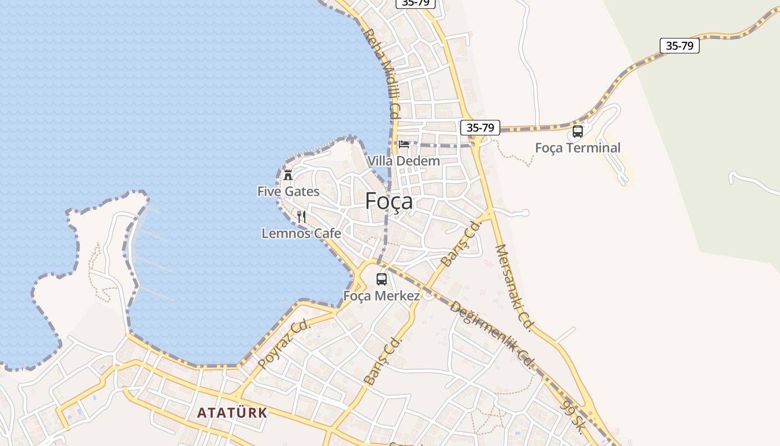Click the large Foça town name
[x=389, y=201]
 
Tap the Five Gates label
[x=288, y=191]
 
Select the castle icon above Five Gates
[x=288, y=174]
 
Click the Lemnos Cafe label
[x=301, y=233]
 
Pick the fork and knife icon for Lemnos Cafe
[x=301, y=217]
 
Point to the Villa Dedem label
[x=403, y=161]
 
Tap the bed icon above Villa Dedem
[x=404, y=144]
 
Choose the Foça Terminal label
[x=577, y=148]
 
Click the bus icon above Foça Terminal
[x=578, y=132]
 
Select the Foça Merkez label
[x=381, y=296]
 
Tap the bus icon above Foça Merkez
[x=382, y=279]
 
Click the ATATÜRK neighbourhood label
[x=232, y=413]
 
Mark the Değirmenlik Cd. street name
[x=493, y=336]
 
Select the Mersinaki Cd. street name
[x=515, y=288]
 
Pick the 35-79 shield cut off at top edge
[x=415, y=3]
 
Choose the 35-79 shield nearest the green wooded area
[x=679, y=46]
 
